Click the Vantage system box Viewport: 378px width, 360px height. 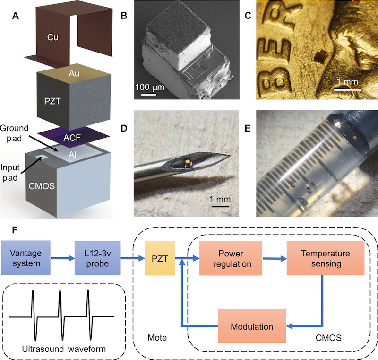26,258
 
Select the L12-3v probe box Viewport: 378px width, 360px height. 98,258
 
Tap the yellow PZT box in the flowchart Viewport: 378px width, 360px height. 160,258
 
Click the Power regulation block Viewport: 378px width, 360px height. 231,258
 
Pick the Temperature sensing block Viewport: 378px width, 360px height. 326,258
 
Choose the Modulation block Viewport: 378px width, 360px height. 252,326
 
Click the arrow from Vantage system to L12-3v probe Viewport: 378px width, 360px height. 63,258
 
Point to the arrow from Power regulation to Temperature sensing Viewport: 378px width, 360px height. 275,259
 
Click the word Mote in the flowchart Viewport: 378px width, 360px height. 157,338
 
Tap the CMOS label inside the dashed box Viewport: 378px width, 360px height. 328,338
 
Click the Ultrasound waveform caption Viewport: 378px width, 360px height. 64,349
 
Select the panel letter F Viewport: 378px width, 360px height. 15,230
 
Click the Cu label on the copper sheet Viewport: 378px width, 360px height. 52,37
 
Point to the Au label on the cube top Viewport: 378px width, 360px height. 74,73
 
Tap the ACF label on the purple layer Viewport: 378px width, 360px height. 72,138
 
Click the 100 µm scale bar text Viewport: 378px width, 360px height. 150,88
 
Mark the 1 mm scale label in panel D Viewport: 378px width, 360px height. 220,199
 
